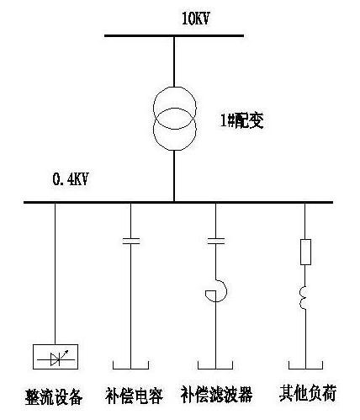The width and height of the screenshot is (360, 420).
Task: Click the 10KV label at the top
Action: pyautogui.click(x=196, y=19)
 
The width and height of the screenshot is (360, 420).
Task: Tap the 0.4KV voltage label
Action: pyautogui.click(x=71, y=179)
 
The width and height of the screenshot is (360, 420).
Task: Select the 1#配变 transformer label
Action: pyautogui.click(x=242, y=121)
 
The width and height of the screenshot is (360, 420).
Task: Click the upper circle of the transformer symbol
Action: pyautogui.click(x=154, y=108)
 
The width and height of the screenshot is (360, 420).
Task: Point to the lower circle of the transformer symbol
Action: pyautogui.click(x=154, y=129)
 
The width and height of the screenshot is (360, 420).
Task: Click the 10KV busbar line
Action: pyautogui.click(x=174, y=35)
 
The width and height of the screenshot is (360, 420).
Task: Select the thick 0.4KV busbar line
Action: pyautogui.click(x=178, y=202)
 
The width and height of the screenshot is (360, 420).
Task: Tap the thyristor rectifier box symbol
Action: pyautogui.click(x=56, y=357)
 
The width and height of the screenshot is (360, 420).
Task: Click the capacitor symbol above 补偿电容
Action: pyautogui.click(x=131, y=242)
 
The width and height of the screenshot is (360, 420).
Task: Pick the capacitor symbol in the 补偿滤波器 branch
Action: pyautogui.click(x=215, y=242)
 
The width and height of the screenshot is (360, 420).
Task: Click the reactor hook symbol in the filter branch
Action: pyautogui.click(x=226, y=290)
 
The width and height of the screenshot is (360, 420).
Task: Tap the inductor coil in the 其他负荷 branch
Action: pyautogui.click(x=301, y=298)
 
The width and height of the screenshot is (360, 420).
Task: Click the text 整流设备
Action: pyautogui.click(x=54, y=396)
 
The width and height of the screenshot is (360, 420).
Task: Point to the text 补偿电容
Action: pyautogui.click(x=134, y=396)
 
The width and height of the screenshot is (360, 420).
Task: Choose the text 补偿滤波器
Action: pyautogui.click(x=216, y=395)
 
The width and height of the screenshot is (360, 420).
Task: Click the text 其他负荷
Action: pyautogui.click(x=308, y=393)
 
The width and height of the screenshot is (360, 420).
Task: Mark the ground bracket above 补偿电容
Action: pyautogui.click(x=130, y=369)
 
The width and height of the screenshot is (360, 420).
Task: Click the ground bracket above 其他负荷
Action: pyautogui.click(x=305, y=369)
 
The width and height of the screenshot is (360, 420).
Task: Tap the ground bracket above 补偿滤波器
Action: pyautogui.click(x=215, y=369)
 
